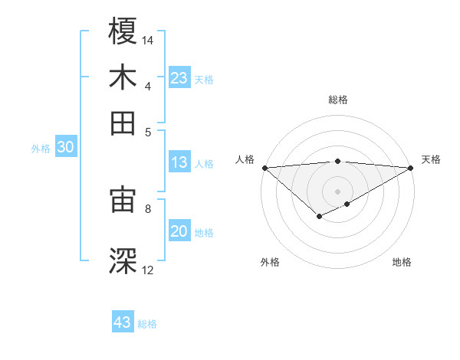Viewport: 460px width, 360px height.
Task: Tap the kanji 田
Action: [123, 123]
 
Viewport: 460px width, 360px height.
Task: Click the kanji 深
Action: [123, 260]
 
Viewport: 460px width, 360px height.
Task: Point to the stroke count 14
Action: [149, 39]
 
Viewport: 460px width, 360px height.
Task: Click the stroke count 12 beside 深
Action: [148, 270]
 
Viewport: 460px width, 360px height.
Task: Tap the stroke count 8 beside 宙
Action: [148, 208]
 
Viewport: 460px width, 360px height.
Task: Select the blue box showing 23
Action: [179, 78]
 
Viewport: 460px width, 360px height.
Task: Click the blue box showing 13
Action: [179, 162]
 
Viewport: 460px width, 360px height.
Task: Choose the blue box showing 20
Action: [179, 232]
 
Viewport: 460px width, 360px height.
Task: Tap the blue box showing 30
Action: [65, 148]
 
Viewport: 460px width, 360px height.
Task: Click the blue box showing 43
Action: [123, 322]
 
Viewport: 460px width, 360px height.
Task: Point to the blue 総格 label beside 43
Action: [148, 324]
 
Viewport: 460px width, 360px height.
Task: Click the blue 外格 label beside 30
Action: [41, 149]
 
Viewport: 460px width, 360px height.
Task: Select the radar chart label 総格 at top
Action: [337, 100]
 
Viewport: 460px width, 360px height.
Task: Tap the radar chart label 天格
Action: [431, 159]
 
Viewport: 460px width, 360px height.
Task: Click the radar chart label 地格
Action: [402, 262]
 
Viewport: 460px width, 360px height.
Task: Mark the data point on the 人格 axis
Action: [264, 168]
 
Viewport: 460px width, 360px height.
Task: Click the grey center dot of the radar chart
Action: [337, 191]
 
